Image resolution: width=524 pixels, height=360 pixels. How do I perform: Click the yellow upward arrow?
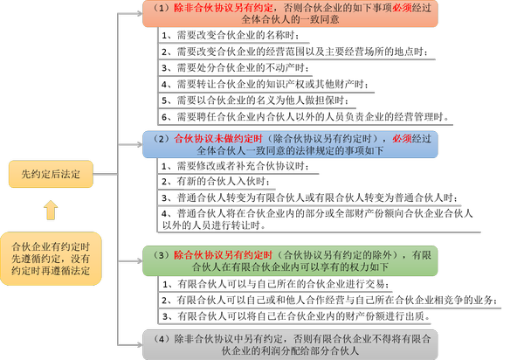click(51, 210)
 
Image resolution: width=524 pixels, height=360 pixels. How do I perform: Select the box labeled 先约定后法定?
click(51, 174)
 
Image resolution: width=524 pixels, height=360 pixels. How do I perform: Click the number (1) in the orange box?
click(159, 7)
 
